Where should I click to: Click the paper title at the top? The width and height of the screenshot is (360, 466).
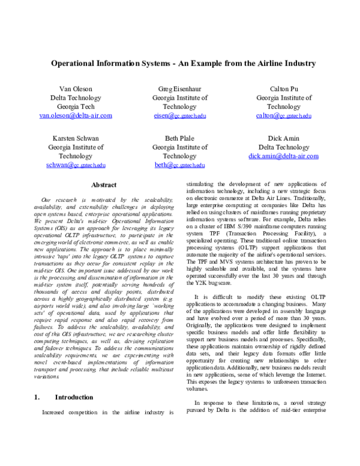click(x=183, y=63)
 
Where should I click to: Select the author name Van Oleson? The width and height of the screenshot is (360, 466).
click(x=76, y=88)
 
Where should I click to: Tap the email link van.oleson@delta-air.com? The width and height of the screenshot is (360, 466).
click(x=76, y=115)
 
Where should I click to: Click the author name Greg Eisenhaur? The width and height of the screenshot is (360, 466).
click(x=180, y=88)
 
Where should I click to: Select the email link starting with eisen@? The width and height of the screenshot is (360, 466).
click(x=180, y=115)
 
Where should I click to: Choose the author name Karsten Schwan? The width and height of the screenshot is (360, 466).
click(x=76, y=138)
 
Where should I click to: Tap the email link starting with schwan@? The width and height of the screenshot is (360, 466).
click(x=76, y=165)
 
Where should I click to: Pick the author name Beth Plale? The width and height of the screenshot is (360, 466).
click(x=180, y=138)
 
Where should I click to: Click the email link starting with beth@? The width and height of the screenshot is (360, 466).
click(x=180, y=165)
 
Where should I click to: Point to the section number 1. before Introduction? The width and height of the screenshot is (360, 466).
click(x=36, y=398)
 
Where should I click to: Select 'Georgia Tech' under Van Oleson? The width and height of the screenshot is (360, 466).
click(x=76, y=106)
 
